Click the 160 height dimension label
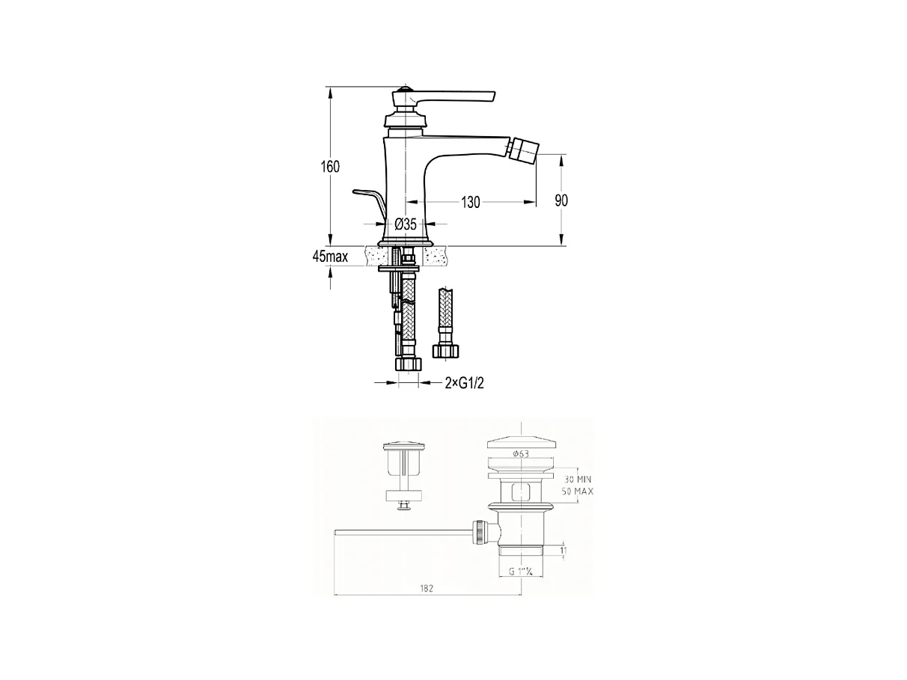click(331, 166)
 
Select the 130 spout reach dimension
click(470, 202)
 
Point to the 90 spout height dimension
click(561, 200)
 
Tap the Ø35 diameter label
click(405, 224)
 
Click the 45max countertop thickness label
click(330, 257)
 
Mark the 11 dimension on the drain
click(564, 551)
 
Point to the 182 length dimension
click(427, 589)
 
